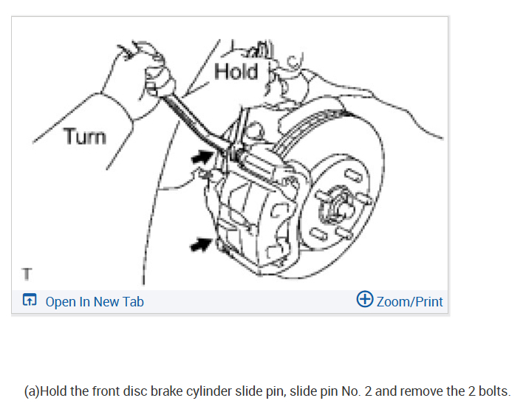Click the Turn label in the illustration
tap(84, 137)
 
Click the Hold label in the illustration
tap(236, 72)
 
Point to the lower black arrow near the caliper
tap(199, 244)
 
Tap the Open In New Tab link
tap(95, 301)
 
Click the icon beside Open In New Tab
tap(30, 301)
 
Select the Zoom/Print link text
tap(409, 301)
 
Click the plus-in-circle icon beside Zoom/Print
tap(364, 300)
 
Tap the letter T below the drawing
tap(27, 274)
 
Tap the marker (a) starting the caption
tap(32, 391)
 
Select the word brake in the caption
tap(165, 391)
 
